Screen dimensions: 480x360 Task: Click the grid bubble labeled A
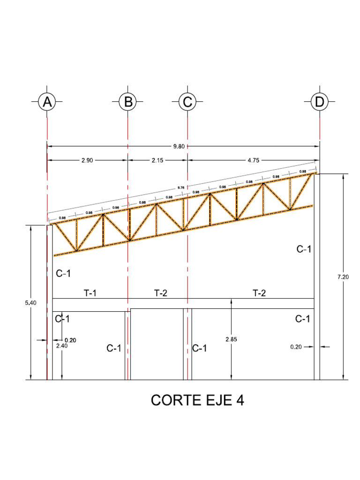pos(47,102)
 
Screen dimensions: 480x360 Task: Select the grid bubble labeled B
pos(127,102)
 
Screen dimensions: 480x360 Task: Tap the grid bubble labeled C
pos(187,102)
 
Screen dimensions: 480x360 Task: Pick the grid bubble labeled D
pos(320,102)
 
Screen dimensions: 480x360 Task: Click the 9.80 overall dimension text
pos(179,146)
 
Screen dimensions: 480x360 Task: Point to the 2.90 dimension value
pos(87,160)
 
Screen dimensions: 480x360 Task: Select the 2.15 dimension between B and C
pos(157,160)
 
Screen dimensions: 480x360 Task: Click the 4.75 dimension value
pos(253,160)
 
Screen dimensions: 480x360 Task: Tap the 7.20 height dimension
pos(343,277)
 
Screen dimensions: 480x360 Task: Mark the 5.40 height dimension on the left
pos(30,303)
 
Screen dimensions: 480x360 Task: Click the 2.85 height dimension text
pos(232,339)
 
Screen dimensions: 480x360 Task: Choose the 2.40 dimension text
pos(62,345)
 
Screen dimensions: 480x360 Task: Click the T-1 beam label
pos(90,293)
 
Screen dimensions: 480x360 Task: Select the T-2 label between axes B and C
pos(161,293)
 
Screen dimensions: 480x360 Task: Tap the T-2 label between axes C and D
pos(259,293)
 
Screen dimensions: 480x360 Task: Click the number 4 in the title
pos(240,401)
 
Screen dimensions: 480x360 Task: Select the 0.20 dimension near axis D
pos(296,347)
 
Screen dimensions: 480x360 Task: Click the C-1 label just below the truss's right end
pos(304,249)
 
